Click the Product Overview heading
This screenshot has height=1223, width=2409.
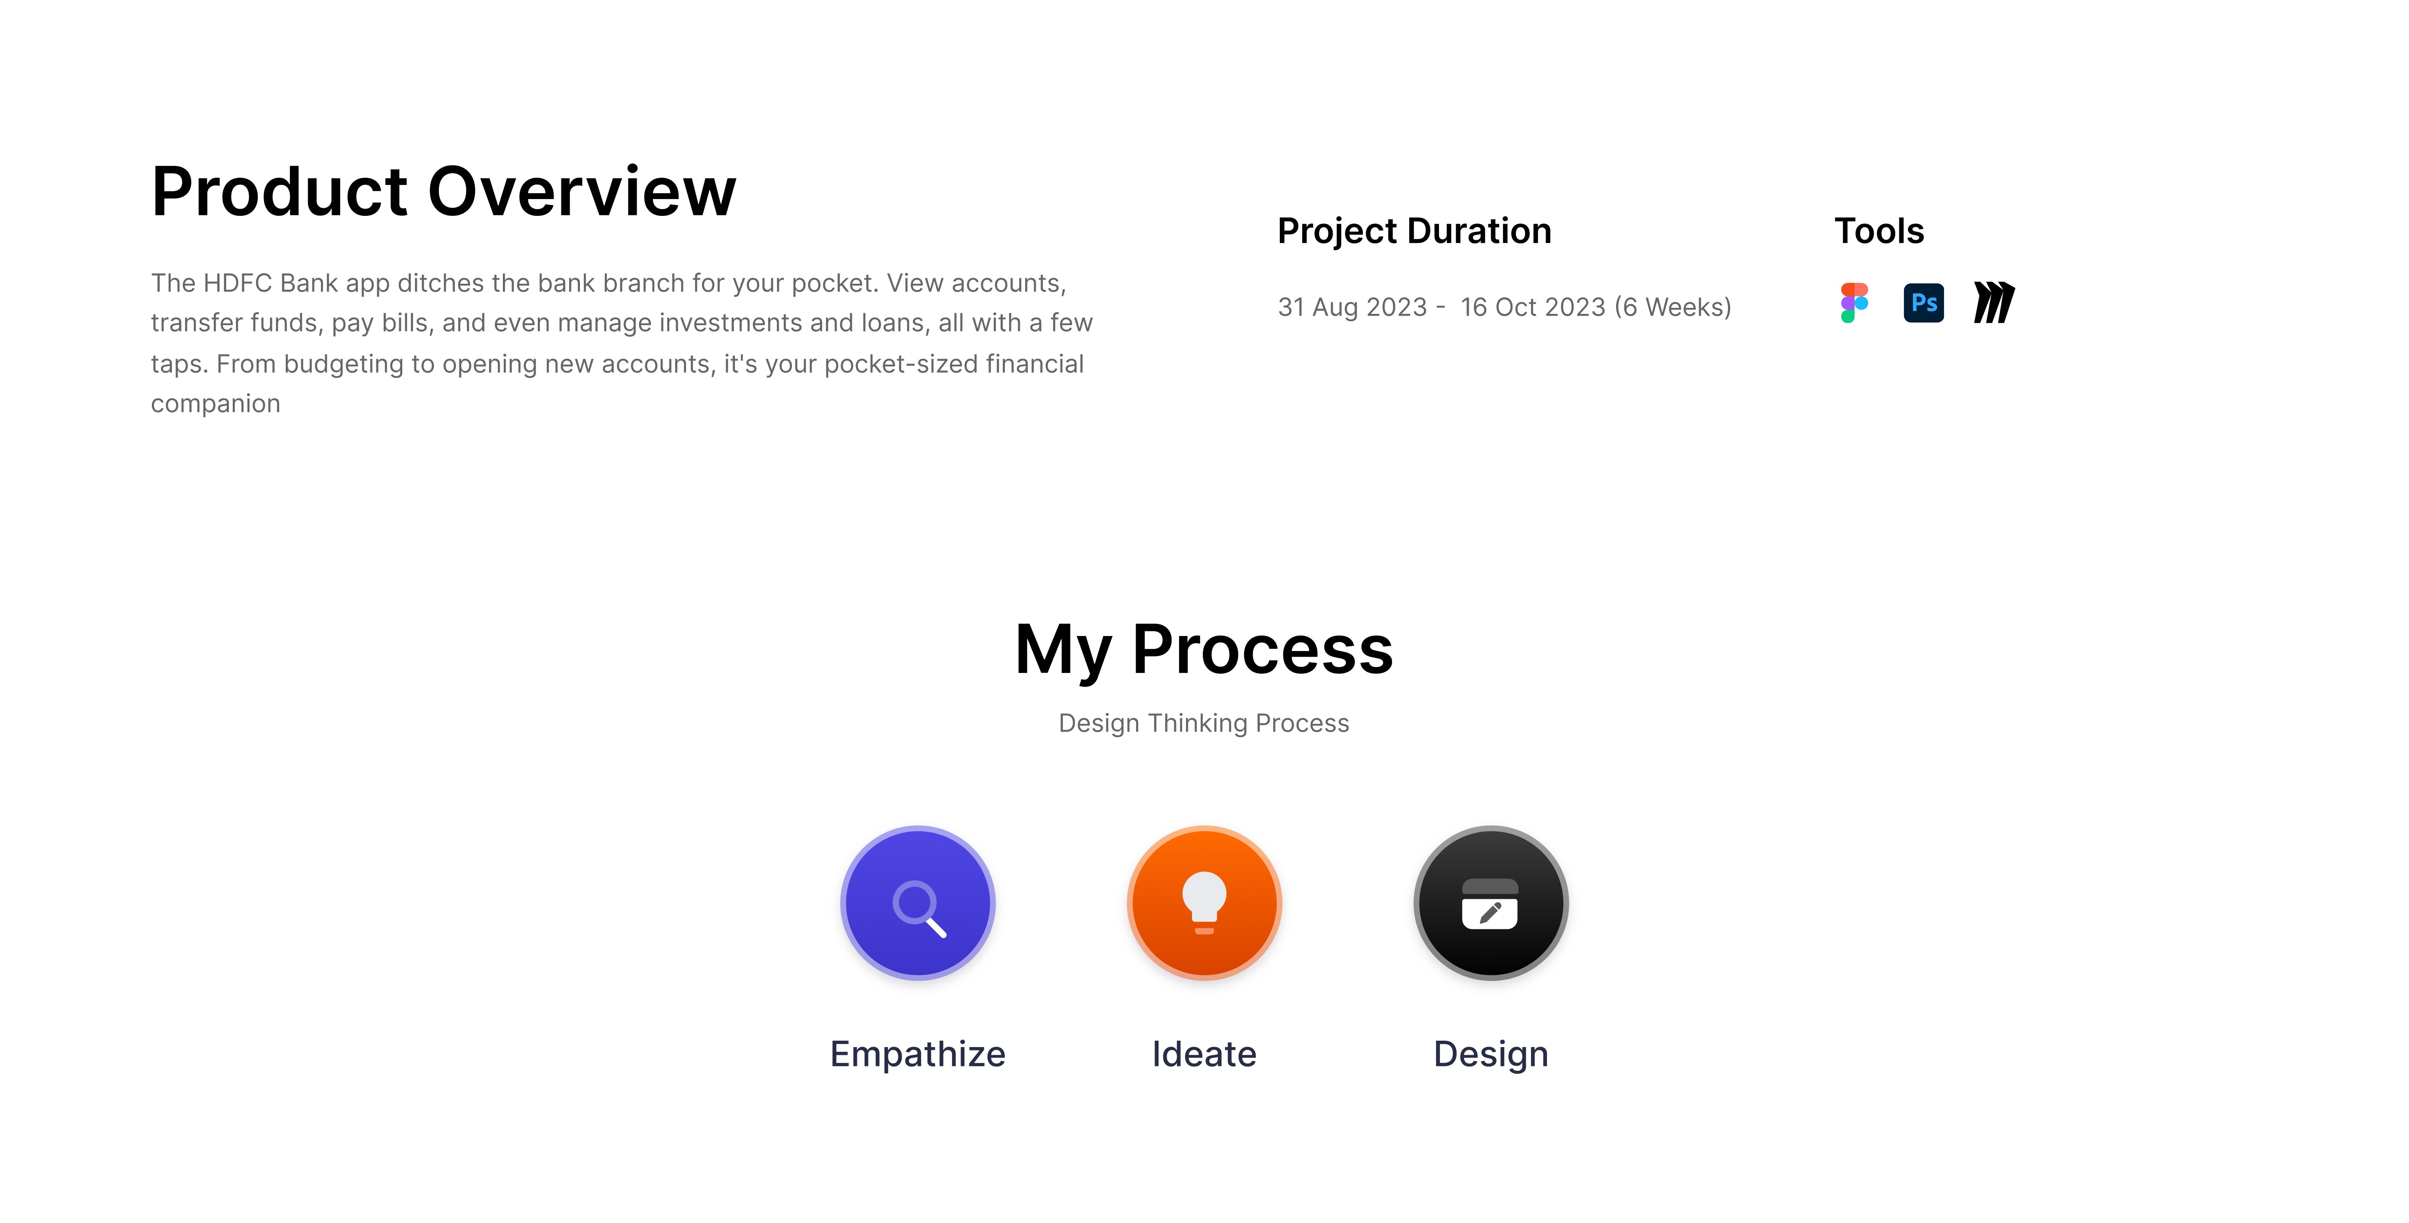point(443,192)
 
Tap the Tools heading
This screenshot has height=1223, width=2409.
point(1879,231)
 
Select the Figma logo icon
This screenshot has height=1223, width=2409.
point(1854,303)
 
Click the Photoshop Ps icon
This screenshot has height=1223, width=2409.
point(1924,303)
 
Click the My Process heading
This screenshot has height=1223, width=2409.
point(1204,650)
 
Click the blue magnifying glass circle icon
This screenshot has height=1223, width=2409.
point(918,903)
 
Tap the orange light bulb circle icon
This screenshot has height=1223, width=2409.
point(1204,903)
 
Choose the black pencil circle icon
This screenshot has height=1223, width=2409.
point(1491,903)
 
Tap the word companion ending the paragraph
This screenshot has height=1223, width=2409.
point(216,404)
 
